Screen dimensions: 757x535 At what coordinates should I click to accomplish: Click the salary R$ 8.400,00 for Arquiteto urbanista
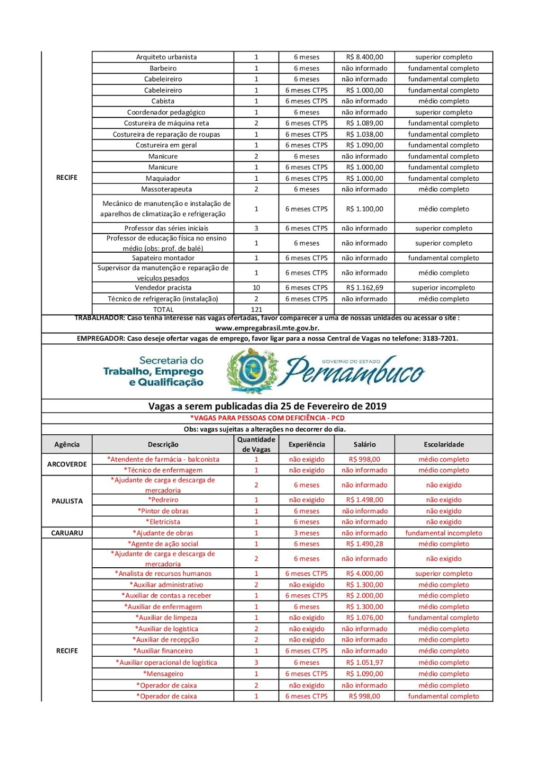(364, 57)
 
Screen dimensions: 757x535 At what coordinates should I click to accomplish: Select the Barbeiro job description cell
(163, 68)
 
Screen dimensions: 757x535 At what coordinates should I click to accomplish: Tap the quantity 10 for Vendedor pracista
(256, 288)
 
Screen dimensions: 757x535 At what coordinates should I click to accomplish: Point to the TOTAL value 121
(256, 309)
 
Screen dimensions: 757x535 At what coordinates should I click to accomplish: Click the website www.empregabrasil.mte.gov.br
(267, 327)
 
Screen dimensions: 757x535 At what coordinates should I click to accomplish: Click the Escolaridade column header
(444, 444)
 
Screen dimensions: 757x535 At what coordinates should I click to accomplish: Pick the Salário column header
(364, 444)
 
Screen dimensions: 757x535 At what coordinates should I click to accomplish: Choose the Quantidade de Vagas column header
(256, 444)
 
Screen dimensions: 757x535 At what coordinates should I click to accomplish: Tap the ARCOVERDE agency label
(67, 464)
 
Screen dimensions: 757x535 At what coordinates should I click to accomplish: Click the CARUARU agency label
(67, 533)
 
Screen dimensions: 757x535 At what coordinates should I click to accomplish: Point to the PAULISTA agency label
(67, 501)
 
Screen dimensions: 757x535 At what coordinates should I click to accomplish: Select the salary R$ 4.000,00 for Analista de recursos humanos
(364, 573)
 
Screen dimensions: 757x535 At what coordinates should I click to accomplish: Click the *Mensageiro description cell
(163, 674)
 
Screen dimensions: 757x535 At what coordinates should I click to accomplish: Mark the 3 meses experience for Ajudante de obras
(307, 533)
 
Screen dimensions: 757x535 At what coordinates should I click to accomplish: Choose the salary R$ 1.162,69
(364, 288)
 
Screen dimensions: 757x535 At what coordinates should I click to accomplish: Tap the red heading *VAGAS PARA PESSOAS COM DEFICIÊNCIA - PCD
(267, 418)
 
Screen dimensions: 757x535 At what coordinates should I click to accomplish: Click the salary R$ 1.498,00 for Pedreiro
(364, 500)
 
